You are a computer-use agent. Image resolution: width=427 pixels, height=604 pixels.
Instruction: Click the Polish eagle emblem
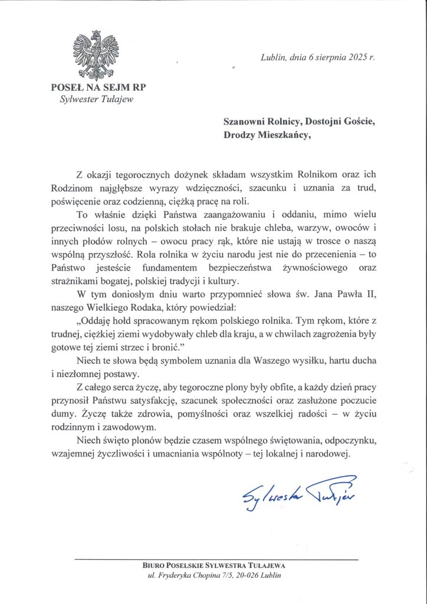click(96, 54)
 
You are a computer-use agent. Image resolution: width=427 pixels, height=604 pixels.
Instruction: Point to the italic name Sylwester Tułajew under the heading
click(97, 99)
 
